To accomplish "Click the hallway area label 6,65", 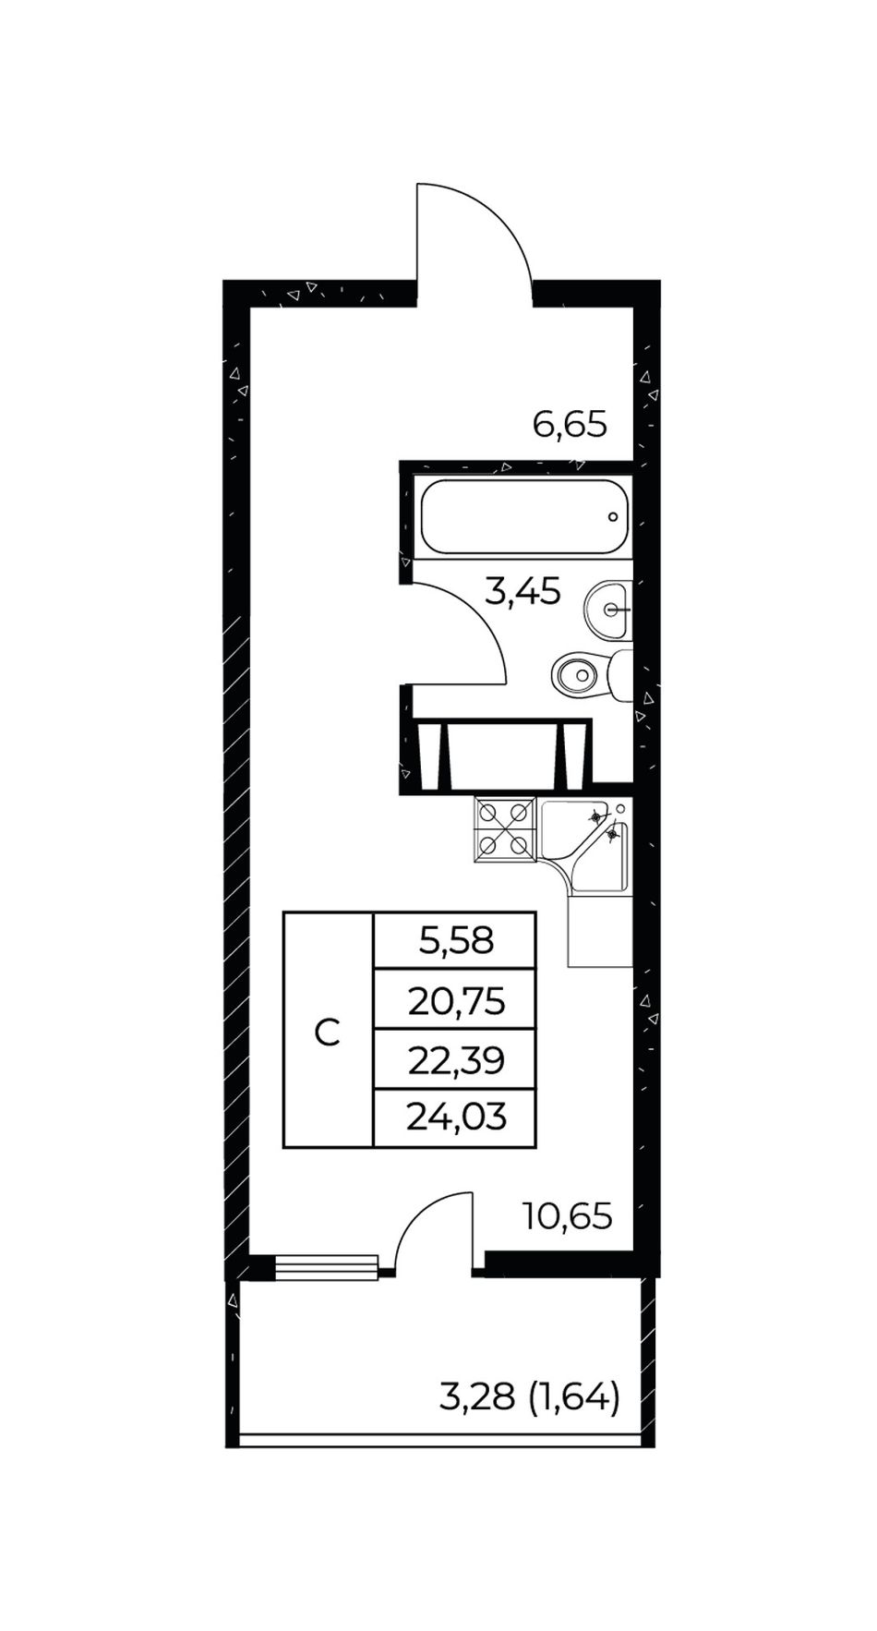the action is tap(570, 425).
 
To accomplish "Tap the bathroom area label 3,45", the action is tap(523, 591).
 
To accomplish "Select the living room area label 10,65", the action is tap(567, 1216).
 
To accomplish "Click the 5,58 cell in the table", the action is tap(455, 941).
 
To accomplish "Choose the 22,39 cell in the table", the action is tap(455, 1059).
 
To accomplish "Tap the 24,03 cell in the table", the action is tap(455, 1118).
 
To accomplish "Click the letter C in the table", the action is tap(328, 1033).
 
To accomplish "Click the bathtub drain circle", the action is tap(613, 517).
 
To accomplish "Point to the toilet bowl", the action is tap(591, 675).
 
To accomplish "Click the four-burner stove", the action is tap(505, 829).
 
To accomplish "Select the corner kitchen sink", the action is tap(585, 846).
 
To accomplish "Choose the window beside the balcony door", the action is tap(327, 1267).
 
